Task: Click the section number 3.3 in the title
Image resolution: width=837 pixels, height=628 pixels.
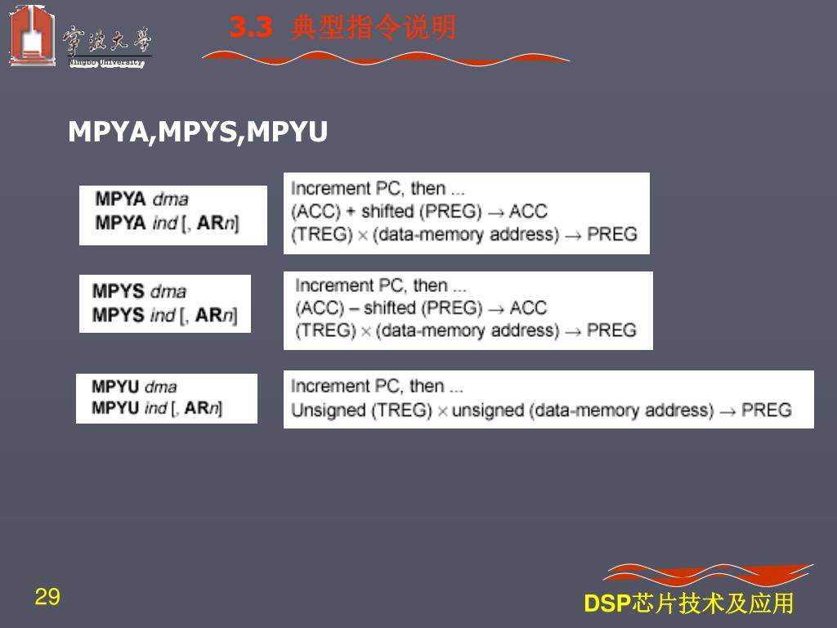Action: (x=250, y=29)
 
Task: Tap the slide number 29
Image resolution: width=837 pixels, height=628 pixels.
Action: (x=47, y=597)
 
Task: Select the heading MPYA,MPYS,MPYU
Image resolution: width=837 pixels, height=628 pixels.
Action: (x=198, y=132)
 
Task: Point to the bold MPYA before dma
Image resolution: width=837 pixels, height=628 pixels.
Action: (x=120, y=199)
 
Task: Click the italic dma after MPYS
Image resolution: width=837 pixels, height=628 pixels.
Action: (x=168, y=291)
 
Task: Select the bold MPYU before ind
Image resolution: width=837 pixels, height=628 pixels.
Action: (x=115, y=408)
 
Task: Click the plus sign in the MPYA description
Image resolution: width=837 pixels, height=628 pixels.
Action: (x=351, y=211)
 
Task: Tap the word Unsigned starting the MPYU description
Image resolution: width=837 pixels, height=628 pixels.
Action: (x=329, y=410)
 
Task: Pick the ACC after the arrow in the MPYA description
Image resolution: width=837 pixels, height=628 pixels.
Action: (x=528, y=211)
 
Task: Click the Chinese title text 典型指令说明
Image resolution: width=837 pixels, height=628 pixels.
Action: (x=374, y=29)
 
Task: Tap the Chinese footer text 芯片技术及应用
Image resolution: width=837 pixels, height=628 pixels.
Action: (x=714, y=603)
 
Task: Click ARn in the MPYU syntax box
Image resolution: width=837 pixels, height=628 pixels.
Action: (x=203, y=408)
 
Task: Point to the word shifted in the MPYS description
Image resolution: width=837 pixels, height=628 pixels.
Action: (x=391, y=307)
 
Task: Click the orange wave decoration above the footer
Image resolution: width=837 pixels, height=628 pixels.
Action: (x=708, y=574)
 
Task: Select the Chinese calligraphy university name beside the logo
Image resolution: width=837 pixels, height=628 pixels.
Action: (x=106, y=39)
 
